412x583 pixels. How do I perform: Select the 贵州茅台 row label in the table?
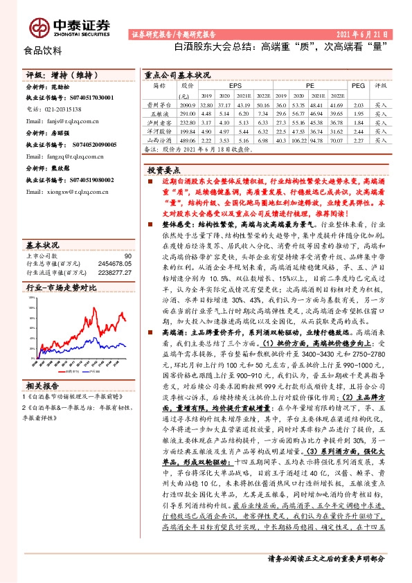pos(159,102)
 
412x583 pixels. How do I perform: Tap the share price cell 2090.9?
pos(187,102)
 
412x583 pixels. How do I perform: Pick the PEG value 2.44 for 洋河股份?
pos(357,129)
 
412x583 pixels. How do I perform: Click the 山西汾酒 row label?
pos(159,139)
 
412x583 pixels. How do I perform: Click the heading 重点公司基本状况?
pos(177,74)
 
